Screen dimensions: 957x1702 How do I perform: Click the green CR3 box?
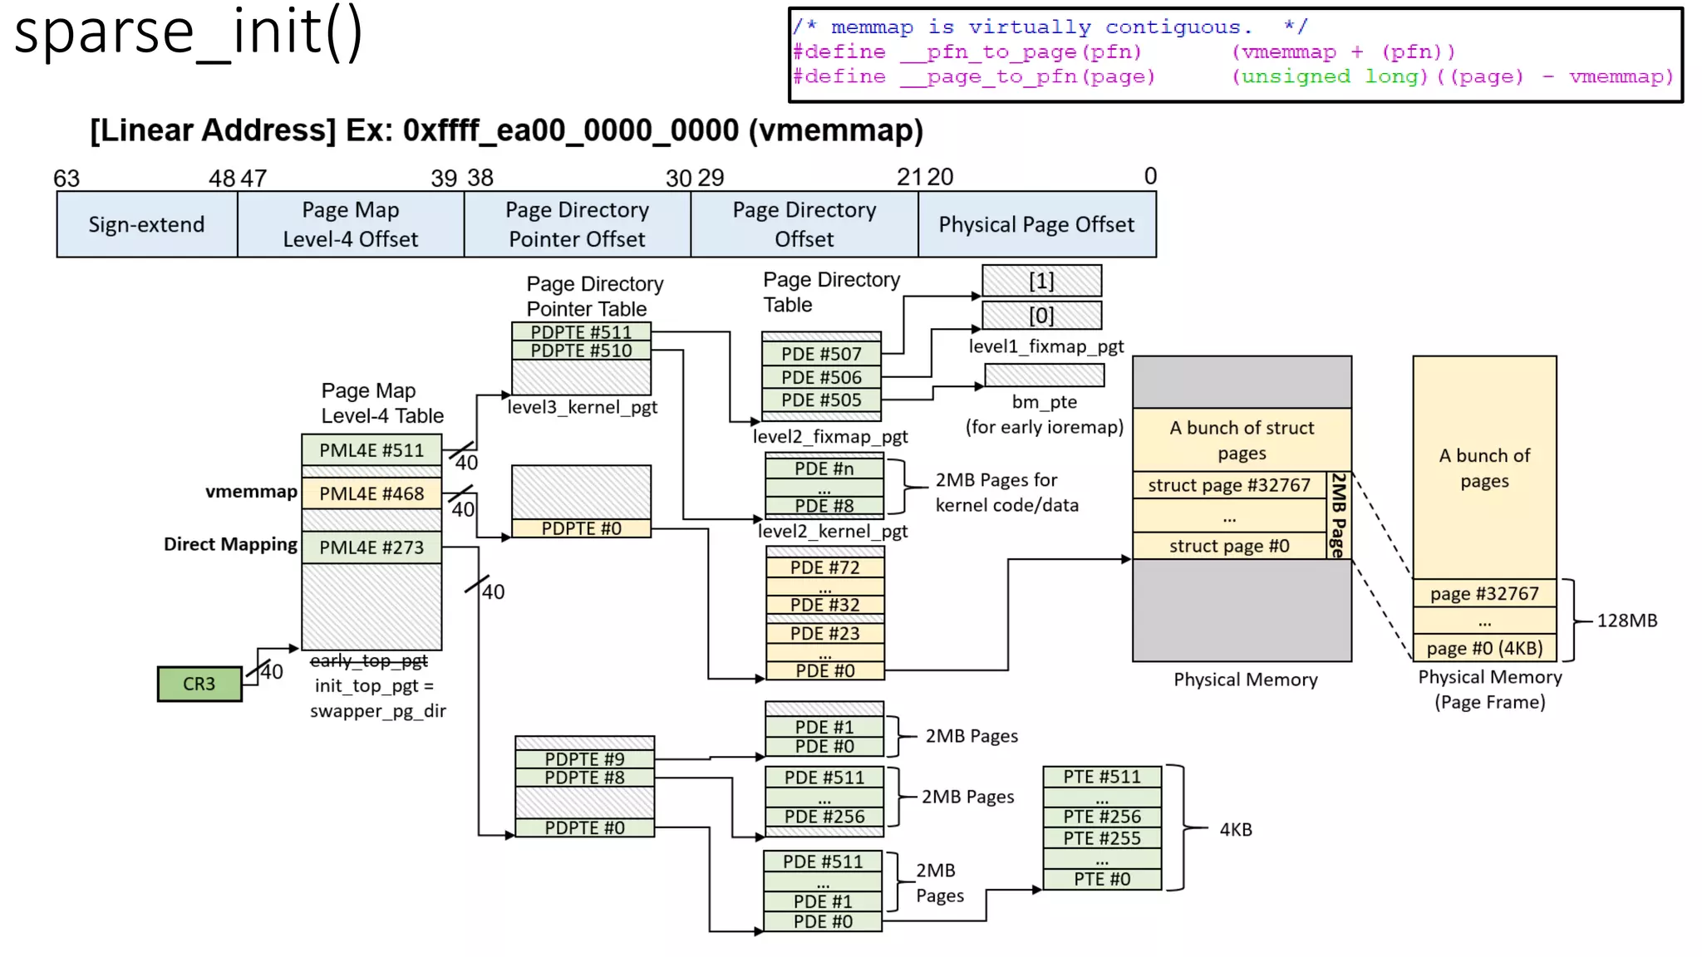click(199, 684)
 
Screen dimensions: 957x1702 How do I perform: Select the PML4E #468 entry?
click(371, 493)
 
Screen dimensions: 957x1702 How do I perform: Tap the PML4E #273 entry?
click(371, 547)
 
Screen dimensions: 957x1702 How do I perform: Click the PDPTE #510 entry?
click(581, 351)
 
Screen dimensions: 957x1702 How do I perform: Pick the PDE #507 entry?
click(821, 354)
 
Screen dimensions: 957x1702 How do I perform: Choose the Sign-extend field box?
click(146, 224)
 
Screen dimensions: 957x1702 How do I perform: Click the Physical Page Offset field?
click(1036, 224)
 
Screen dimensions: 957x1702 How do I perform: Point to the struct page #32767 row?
click(1228, 485)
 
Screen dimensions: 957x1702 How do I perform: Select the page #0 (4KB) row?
click(1484, 648)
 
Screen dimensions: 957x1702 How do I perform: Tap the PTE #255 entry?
click(1102, 838)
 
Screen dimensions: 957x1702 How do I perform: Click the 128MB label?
click(1626, 621)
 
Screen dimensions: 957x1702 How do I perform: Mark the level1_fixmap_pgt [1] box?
click(1041, 281)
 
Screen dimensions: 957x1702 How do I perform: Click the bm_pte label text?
click(1044, 402)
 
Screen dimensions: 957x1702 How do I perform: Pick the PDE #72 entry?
click(824, 568)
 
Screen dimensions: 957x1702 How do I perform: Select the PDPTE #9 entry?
click(584, 758)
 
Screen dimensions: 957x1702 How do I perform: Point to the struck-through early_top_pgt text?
click(368, 660)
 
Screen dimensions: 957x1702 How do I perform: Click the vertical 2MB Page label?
click(1337, 515)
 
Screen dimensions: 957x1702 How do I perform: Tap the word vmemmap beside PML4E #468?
click(251, 492)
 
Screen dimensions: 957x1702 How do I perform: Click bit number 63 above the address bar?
click(66, 179)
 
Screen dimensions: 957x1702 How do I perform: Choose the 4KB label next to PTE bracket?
click(1235, 829)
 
